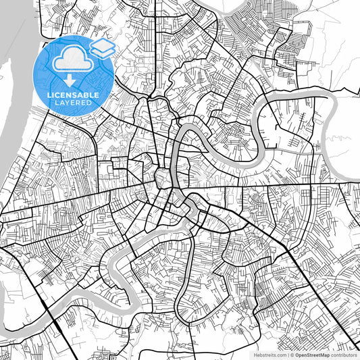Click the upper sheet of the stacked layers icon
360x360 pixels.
pyautogui.click(x=103, y=45)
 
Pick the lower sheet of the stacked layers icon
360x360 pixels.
pyautogui.click(x=103, y=51)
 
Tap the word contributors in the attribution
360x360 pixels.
pyautogui.click(x=343, y=354)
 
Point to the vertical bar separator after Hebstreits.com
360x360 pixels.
pyautogui.click(x=285, y=354)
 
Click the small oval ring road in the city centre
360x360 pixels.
pyautogui.click(x=164, y=180)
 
